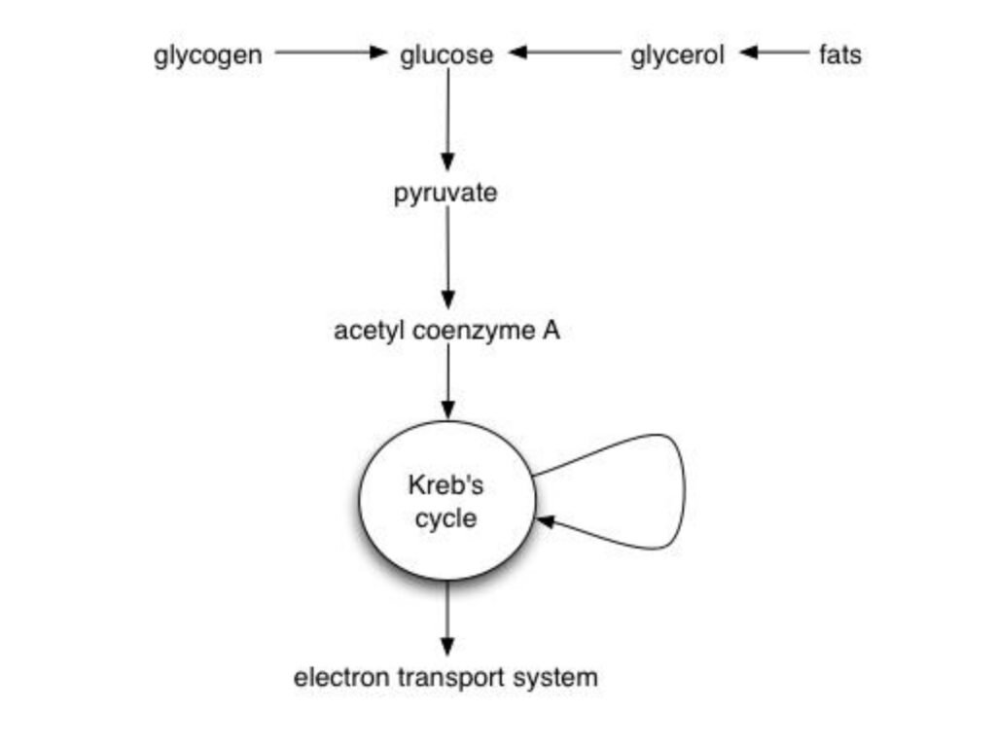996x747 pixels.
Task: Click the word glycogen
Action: (207, 55)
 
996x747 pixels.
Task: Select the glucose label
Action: (446, 54)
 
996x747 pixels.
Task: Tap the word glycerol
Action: (677, 54)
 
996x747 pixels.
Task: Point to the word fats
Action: (839, 54)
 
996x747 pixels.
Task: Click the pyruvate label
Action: (445, 194)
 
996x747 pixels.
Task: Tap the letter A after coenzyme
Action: (551, 331)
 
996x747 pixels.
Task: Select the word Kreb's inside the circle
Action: (446, 485)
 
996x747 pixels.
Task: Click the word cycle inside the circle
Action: (446, 518)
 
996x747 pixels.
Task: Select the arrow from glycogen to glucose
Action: (331, 53)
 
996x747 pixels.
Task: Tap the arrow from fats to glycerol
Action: (773, 53)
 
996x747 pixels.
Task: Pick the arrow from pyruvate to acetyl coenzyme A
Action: (447, 258)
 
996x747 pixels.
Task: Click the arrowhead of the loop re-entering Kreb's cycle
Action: (546, 521)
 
